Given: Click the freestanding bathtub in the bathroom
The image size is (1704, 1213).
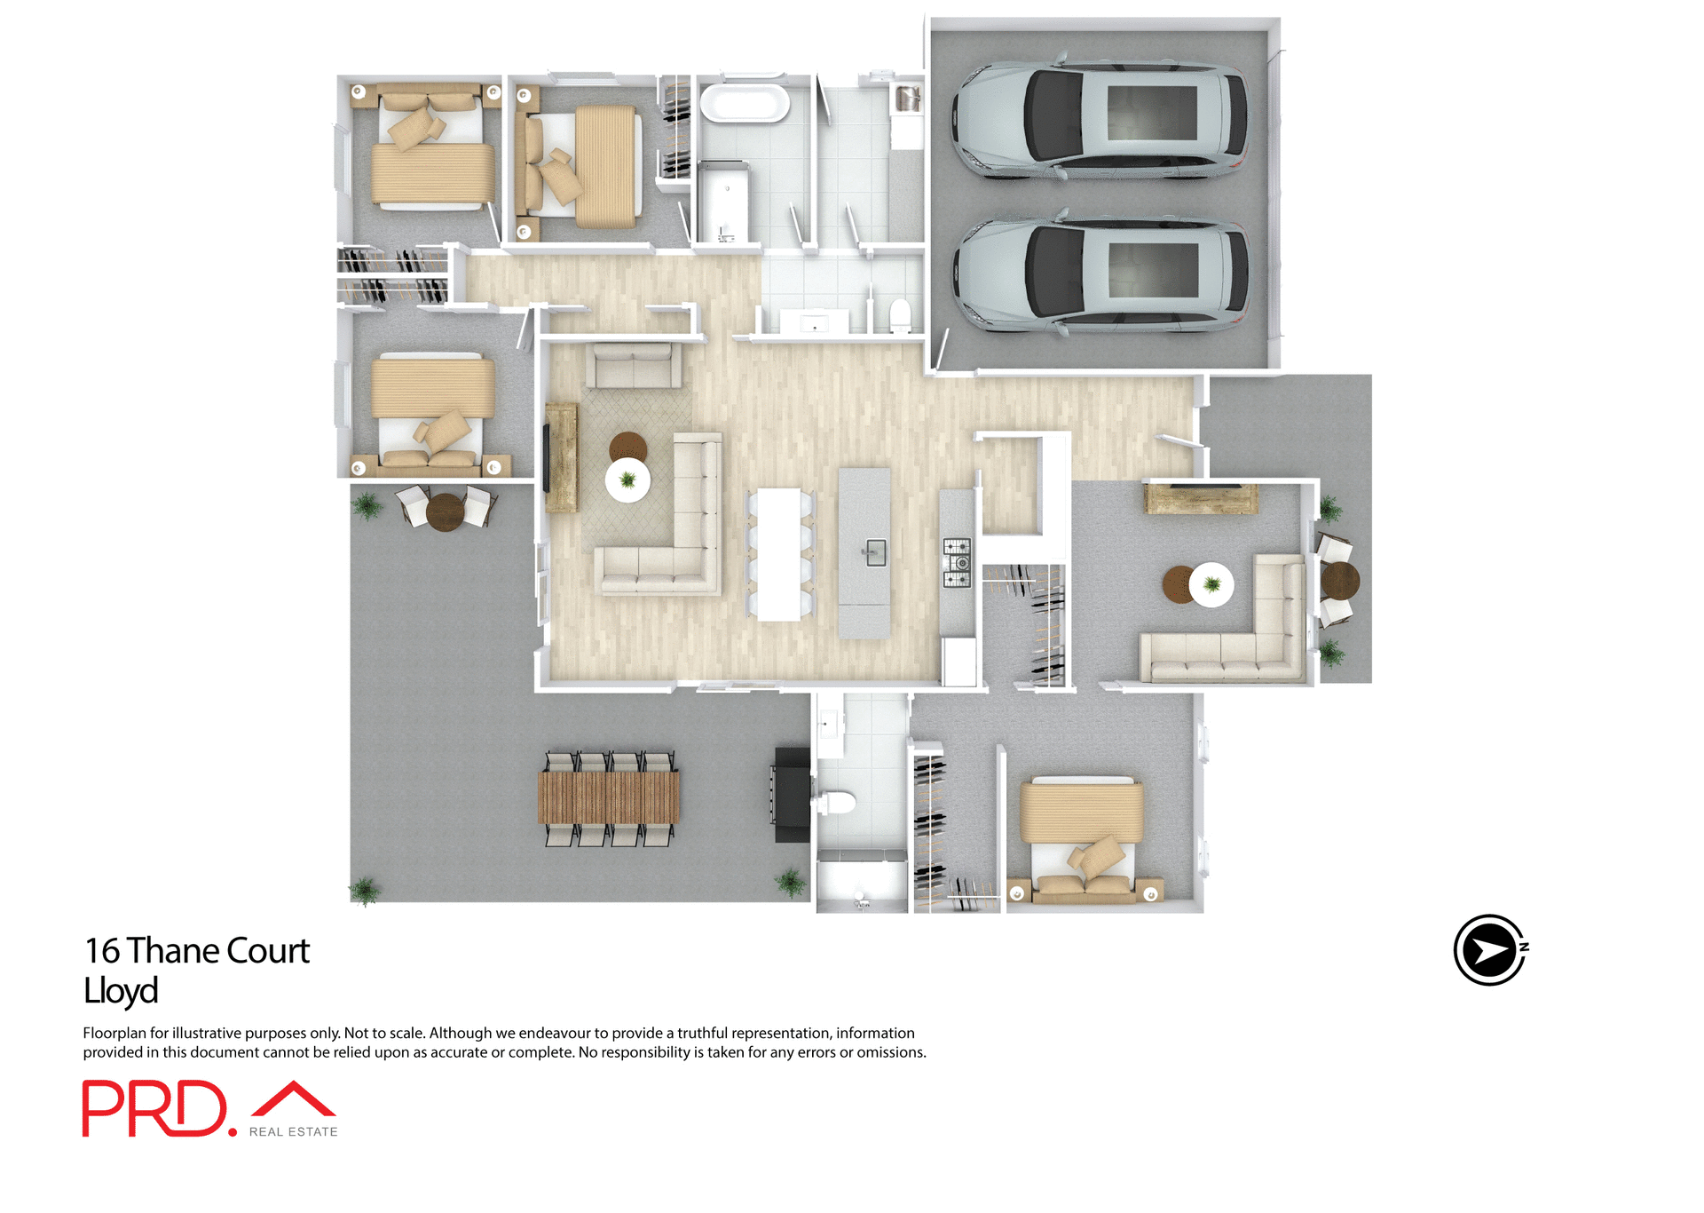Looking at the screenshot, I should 744,103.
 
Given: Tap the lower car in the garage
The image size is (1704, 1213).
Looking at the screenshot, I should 1100,274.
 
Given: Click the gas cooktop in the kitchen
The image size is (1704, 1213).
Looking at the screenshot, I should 956,562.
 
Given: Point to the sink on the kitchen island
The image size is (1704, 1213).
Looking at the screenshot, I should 874,552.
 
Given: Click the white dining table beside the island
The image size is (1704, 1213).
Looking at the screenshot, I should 779,554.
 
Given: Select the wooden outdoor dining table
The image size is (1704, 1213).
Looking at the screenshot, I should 608,797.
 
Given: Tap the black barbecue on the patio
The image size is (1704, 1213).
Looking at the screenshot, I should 792,795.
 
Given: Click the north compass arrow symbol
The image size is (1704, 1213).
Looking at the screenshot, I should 1489,950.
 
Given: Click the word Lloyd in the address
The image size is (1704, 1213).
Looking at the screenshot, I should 121,991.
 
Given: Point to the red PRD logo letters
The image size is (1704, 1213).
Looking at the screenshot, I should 155,1108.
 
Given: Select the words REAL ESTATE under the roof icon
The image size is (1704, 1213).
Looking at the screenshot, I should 293,1132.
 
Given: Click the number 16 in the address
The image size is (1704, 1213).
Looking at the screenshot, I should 102,951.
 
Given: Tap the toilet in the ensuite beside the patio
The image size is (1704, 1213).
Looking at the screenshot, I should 836,803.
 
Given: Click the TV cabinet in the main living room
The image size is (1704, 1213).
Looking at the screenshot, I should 561,457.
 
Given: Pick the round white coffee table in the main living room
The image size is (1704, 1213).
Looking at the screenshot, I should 627,480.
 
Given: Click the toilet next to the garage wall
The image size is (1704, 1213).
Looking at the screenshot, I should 900,314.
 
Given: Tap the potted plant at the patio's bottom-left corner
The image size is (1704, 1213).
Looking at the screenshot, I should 364,889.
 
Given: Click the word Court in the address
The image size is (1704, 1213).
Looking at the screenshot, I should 268,951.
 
